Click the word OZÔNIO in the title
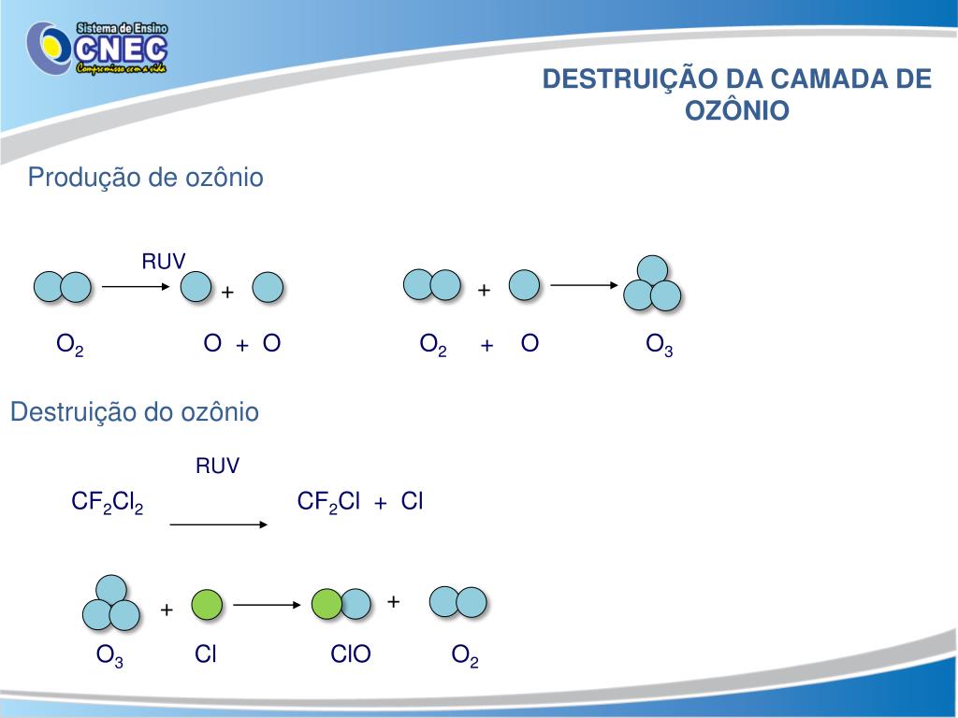737,110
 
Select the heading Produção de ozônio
145,177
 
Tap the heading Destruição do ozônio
134,411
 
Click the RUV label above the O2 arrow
164,261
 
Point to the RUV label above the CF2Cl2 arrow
217,466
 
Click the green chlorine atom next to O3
207,605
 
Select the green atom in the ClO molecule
327,604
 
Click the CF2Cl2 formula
108,503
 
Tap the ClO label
351,654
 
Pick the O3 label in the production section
660,345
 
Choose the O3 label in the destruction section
110,655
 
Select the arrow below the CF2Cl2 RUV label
219,524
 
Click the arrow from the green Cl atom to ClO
266,605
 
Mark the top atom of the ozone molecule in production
652,270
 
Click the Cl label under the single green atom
206,654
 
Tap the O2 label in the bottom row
465,655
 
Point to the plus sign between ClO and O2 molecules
394,601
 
